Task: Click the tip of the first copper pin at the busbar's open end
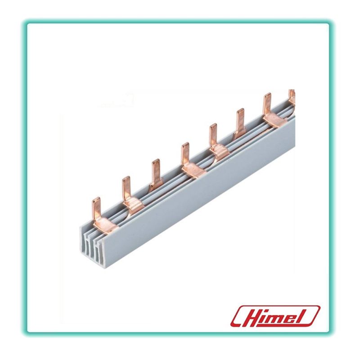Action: click(96, 198)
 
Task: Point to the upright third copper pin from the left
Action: click(156, 172)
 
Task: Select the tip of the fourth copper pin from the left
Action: click(185, 143)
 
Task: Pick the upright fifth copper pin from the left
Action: click(213, 137)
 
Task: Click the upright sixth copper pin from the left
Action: click(240, 122)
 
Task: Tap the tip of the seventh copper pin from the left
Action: click(267, 94)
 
